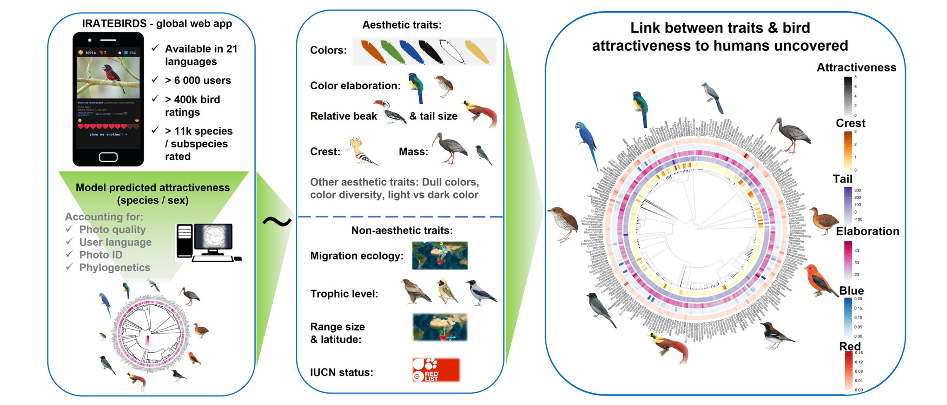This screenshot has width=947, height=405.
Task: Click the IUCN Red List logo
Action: pos(436,370)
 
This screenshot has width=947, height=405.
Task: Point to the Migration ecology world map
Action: pos(440,255)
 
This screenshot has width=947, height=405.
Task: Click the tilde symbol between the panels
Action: pos(277,222)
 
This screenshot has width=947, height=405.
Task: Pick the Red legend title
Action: pos(850,346)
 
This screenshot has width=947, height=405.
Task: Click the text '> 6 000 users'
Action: pos(198,80)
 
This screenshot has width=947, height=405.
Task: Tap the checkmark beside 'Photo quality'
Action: pos(69,229)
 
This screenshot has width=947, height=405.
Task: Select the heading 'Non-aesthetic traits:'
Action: pos(402,230)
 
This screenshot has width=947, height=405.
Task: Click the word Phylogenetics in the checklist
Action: pos(115,268)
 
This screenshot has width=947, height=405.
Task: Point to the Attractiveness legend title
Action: pos(856,67)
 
